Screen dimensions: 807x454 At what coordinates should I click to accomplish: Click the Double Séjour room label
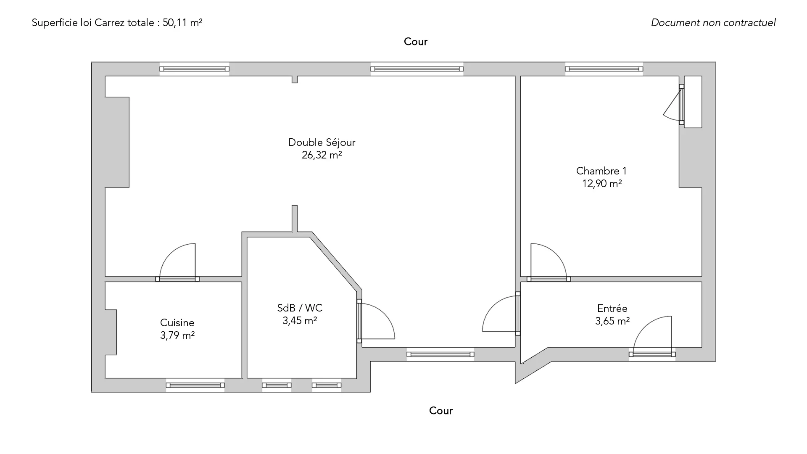[x=322, y=143]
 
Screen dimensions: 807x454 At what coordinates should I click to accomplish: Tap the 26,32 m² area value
[x=322, y=155]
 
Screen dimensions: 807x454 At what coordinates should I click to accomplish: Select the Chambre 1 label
[x=601, y=171]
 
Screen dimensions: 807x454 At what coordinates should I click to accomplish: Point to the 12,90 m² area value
[x=602, y=184]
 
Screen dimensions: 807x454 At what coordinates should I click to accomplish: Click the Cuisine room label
[x=177, y=323]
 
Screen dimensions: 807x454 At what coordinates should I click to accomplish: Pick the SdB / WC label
[x=300, y=308]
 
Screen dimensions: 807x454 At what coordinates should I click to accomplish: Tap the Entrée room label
[x=612, y=309]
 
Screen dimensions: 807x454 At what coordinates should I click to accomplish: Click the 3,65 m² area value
[x=612, y=321]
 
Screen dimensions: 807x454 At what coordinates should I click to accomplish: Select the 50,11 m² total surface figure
[x=182, y=23]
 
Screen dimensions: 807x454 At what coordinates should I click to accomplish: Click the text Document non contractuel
[x=713, y=23]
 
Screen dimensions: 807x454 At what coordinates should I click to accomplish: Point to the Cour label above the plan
[x=416, y=42]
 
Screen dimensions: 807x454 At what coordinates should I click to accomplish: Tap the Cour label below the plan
[x=441, y=411]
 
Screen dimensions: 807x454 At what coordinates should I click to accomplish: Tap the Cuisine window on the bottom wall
[x=195, y=385]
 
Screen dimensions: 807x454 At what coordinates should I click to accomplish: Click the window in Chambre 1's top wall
[x=604, y=69]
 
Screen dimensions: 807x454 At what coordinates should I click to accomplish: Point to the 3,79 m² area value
[x=177, y=335]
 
